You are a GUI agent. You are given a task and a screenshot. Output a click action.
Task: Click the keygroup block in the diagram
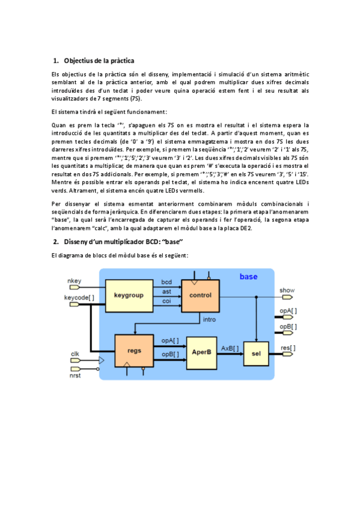click(x=127, y=295)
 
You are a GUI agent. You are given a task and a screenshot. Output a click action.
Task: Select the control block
click(x=200, y=295)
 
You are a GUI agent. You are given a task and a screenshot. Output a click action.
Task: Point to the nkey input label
click(x=74, y=281)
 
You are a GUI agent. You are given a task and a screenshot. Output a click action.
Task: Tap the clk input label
click(x=75, y=354)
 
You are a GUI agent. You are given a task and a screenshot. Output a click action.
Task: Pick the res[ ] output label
click(x=288, y=348)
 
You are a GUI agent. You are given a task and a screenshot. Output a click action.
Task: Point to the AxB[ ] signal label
click(x=230, y=348)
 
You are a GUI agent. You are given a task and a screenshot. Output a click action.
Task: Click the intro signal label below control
click(x=209, y=319)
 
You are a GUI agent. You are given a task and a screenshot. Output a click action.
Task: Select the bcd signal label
click(x=166, y=281)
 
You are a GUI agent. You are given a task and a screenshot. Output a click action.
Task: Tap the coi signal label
click(x=166, y=300)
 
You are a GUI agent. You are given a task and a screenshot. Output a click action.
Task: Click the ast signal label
click(x=166, y=291)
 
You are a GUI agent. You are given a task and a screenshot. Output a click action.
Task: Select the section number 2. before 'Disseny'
click(x=55, y=241)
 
